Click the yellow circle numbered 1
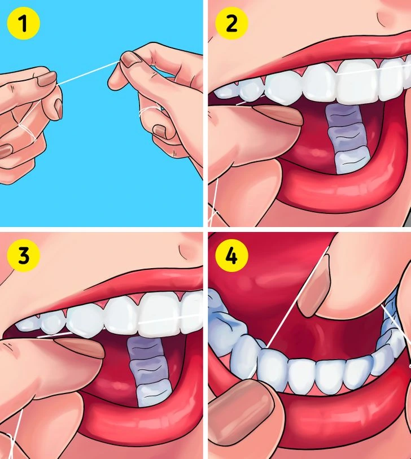(23, 23)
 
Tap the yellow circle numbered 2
(231, 23)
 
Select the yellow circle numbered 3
(23, 256)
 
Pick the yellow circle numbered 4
(231, 256)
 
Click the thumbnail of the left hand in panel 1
(46, 79)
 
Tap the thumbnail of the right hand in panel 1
(132, 59)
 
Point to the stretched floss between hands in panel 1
(88, 73)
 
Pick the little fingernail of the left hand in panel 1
(6, 151)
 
